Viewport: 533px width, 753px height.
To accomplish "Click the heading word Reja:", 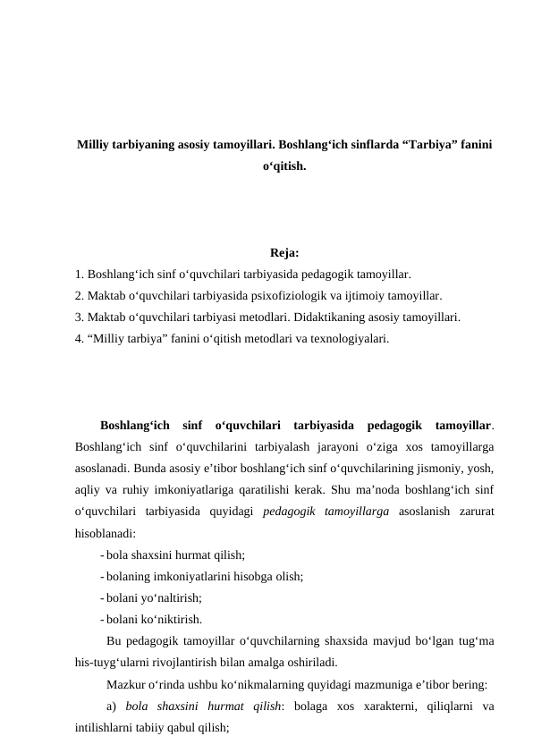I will tap(284, 253).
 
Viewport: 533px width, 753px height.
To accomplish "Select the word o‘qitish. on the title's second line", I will tap(284, 167).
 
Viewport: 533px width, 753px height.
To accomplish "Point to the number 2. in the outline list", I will tap(80, 295).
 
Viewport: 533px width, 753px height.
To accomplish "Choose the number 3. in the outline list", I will tap(80, 317).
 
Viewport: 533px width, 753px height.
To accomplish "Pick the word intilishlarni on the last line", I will tap(106, 729).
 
